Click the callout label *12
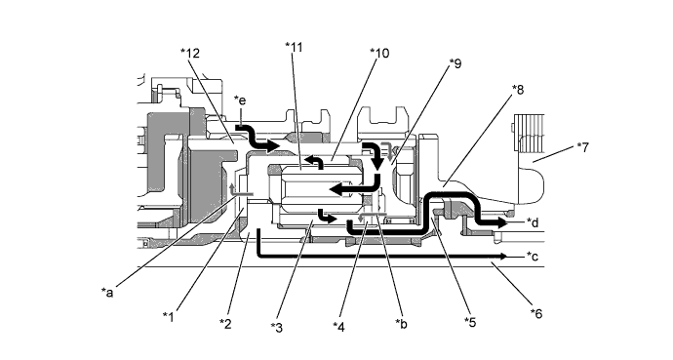190,54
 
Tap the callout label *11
294,47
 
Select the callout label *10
379,54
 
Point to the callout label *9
455,64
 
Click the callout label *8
518,90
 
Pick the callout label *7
583,147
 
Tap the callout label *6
536,314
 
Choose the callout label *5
470,322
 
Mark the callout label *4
338,328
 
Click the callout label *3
277,328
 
